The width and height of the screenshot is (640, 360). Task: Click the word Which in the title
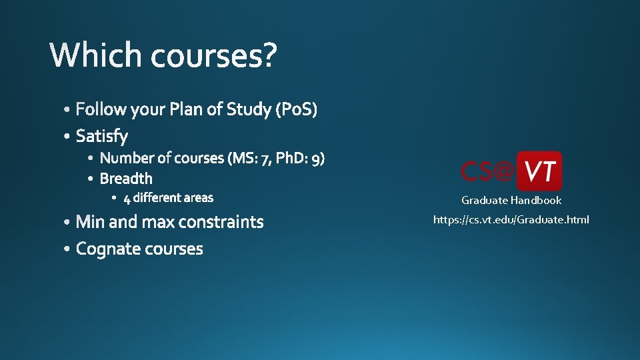click(x=95, y=56)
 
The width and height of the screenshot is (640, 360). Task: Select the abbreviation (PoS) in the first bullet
click(x=296, y=109)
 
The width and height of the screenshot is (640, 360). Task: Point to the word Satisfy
click(x=102, y=137)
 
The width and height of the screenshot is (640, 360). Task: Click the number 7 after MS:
click(x=266, y=159)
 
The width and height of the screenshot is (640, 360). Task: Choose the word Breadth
click(x=126, y=179)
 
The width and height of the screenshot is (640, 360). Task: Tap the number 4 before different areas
click(x=127, y=198)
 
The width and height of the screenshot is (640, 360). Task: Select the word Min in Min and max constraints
click(x=90, y=222)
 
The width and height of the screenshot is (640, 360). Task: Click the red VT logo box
click(x=539, y=171)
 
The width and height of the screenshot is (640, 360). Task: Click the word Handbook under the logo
click(x=536, y=201)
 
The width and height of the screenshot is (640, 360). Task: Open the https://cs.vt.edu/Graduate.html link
click(x=511, y=219)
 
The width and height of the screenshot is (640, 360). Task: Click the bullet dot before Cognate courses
click(x=69, y=249)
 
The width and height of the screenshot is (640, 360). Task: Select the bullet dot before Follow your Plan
click(x=69, y=109)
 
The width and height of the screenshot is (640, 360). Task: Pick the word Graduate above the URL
click(x=485, y=201)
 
